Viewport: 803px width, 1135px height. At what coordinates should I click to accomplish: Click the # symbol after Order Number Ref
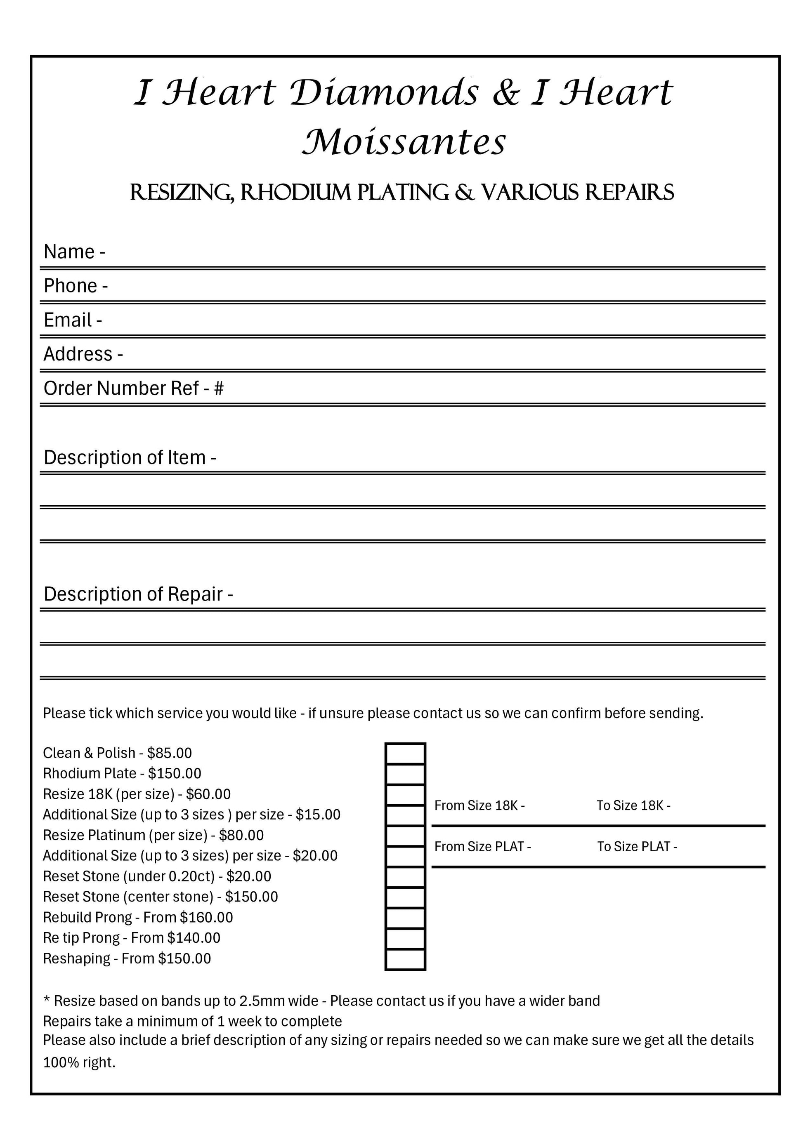click(219, 389)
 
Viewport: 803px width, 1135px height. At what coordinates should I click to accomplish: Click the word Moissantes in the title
click(404, 142)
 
